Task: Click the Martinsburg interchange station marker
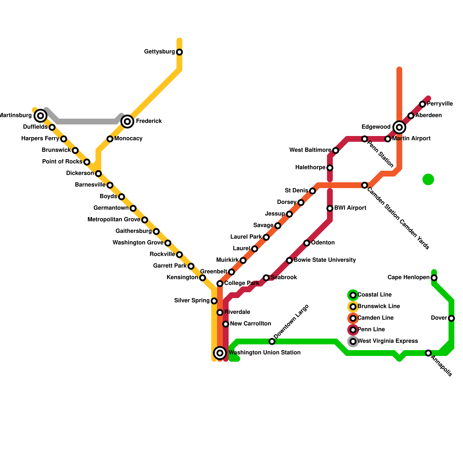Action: pos(41,116)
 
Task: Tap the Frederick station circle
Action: pos(127,121)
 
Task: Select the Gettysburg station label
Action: pos(159,52)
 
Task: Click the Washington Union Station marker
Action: pos(220,353)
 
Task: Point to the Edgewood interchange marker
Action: pos(399,127)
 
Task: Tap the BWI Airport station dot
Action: pos(330,208)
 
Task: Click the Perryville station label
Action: pos(440,104)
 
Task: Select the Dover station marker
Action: pos(451,318)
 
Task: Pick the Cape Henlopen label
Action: pos(409,278)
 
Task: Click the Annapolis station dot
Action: pos(428,353)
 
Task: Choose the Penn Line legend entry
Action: pos(371,330)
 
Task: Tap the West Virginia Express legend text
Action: pos(388,341)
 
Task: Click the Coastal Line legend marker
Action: pos(353,295)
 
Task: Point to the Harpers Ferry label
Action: pos(40,139)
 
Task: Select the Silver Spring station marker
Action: pos(214,301)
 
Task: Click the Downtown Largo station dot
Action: pos(272,341)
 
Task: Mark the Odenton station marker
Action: pos(307,243)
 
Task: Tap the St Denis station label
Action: pos(296,191)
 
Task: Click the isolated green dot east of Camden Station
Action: pos(428,179)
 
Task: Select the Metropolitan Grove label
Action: pos(114,220)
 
